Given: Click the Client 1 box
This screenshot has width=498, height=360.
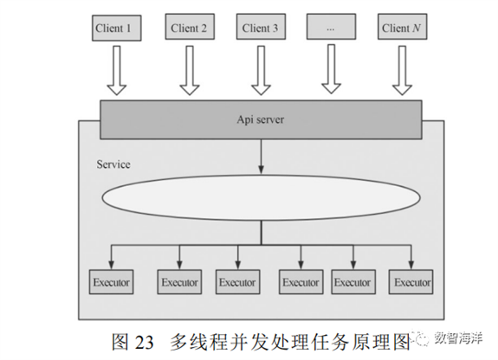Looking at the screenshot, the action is [x=117, y=28].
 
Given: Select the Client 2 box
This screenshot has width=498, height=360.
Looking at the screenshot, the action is [x=190, y=27].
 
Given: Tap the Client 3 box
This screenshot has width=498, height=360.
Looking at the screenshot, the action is [x=261, y=27].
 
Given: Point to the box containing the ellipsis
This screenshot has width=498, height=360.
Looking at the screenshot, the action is [x=331, y=27].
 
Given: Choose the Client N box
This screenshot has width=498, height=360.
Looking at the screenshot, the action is [x=402, y=27].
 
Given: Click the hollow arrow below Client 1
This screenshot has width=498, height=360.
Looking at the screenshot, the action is [x=117, y=70].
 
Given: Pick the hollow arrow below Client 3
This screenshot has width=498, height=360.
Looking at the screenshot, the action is [x=261, y=70].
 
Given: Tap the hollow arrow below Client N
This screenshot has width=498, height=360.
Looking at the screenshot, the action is [x=402, y=70].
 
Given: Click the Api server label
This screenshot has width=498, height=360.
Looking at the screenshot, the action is [x=261, y=119].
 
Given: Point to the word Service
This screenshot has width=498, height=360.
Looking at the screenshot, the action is [x=113, y=164].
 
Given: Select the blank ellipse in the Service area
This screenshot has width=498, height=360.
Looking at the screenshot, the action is [x=261, y=197].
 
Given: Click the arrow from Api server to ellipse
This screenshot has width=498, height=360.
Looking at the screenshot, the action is [x=261, y=157].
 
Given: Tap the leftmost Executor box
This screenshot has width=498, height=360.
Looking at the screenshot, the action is [x=111, y=282].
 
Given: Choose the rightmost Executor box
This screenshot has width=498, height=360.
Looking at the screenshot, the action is [x=411, y=282].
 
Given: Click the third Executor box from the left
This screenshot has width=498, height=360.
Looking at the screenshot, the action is [x=238, y=282].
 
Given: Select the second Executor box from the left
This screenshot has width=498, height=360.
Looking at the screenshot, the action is [x=179, y=282].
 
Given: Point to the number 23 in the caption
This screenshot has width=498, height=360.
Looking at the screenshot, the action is [x=144, y=343].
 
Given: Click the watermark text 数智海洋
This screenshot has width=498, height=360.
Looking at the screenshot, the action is [x=458, y=338].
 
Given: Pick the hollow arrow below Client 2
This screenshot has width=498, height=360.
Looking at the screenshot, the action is [x=190, y=70].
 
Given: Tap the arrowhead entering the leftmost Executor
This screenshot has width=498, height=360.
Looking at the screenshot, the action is [x=111, y=265].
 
